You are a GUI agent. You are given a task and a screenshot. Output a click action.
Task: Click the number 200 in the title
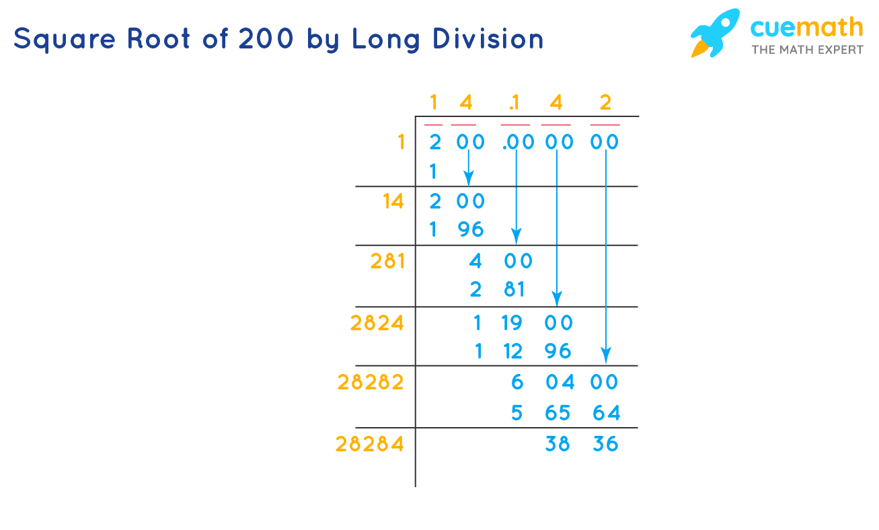(266, 38)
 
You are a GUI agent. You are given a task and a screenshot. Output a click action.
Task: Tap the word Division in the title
(488, 38)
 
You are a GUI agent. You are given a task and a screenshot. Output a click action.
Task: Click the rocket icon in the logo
(715, 33)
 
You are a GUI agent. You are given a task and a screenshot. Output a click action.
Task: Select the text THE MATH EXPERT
(807, 50)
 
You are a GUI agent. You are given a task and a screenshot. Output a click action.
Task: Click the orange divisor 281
(387, 261)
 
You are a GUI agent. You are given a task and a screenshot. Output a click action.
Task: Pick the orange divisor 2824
(377, 324)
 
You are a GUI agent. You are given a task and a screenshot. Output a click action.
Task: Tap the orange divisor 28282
(371, 382)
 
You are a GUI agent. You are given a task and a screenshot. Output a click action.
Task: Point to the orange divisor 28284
(370, 444)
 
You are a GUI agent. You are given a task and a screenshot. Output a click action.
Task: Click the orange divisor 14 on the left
(393, 202)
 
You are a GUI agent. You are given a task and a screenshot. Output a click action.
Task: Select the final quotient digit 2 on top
(605, 103)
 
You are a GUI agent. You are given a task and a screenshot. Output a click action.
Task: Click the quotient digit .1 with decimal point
(514, 103)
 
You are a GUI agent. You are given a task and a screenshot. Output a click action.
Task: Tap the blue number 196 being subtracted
(457, 229)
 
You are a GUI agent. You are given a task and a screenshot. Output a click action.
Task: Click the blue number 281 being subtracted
(497, 289)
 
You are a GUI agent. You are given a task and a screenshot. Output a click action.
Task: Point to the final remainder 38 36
(582, 444)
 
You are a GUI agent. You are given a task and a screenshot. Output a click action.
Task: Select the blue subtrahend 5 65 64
(566, 413)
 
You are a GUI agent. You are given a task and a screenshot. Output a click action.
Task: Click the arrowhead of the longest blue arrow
(606, 355)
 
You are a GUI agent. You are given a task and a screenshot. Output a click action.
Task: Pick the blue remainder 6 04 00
(565, 382)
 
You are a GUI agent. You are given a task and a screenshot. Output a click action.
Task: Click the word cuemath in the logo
(807, 28)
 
